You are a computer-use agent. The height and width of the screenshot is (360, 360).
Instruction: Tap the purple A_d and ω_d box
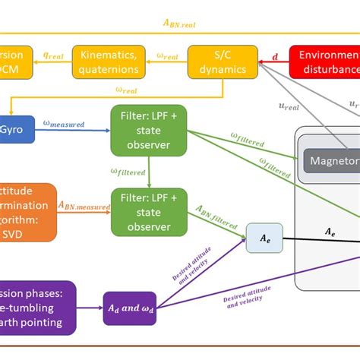(129, 307)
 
